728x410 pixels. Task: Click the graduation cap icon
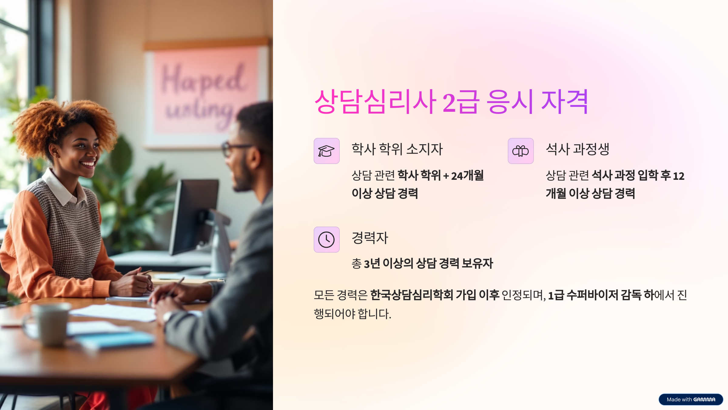tap(326, 151)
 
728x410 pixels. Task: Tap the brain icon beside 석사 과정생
tap(521, 151)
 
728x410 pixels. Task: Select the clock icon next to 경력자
tap(326, 240)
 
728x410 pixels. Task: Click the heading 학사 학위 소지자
tap(397, 149)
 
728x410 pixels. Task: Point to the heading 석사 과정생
tap(578, 149)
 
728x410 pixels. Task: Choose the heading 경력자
tap(370, 238)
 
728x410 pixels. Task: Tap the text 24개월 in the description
tap(467, 176)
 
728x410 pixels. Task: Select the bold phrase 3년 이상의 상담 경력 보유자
tap(428, 263)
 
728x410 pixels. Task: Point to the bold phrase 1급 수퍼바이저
tap(583, 295)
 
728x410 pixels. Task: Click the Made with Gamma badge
tap(691, 399)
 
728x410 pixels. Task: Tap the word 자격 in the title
tap(565, 102)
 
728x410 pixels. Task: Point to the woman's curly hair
tap(61, 121)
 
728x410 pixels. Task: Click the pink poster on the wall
tap(206, 91)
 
